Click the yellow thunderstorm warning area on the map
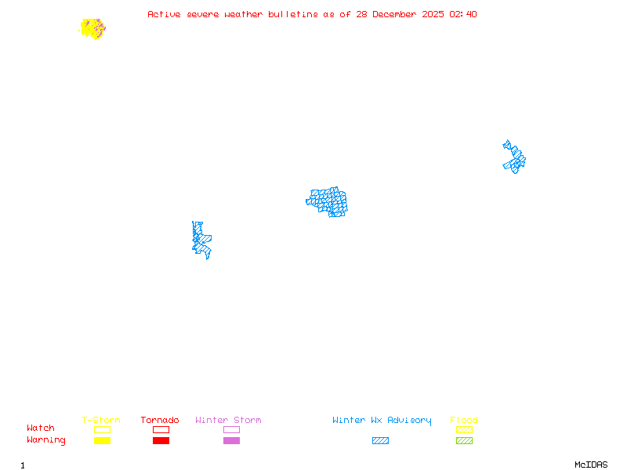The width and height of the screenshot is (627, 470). [x=92, y=28]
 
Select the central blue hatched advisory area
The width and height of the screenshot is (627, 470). [x=328, y=201]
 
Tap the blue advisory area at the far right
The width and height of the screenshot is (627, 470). [x=514, y=157]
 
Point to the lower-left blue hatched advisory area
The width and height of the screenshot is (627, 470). [x=201, y=240]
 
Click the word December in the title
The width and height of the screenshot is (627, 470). [x=400, y=14]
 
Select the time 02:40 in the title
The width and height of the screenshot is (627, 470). [x=463, y=14]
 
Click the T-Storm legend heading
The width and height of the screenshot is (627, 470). [x=101, y=421]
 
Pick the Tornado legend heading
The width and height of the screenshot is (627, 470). [x=160, y=421]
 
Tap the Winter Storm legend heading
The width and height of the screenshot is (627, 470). [x=228, y=421]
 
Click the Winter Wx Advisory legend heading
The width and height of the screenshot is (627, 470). [x=382, y=421]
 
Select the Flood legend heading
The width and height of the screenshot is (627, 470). [x=464, y=421]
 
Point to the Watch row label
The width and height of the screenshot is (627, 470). [x=41, y=428]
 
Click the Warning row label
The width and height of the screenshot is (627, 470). [x=46, y=440]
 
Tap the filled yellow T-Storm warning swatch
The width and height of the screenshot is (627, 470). [x=102, y=440]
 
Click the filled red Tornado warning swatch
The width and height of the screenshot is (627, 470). [x=161, y=440]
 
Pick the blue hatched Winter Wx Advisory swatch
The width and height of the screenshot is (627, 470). [x=380, y=440]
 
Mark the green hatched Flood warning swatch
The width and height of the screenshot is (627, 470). [x=464, y=440]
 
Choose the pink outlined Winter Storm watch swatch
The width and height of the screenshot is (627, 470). [x=231, y=429]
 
